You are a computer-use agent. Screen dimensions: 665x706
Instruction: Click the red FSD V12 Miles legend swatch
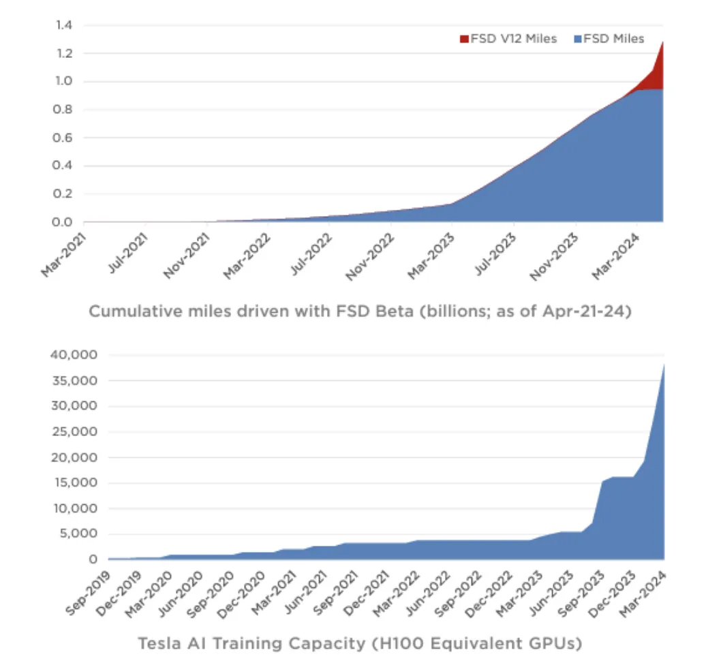point(465,39)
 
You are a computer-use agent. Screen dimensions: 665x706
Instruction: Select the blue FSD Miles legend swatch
point(578,39)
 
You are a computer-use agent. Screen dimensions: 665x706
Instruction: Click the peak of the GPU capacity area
point(663,367)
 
